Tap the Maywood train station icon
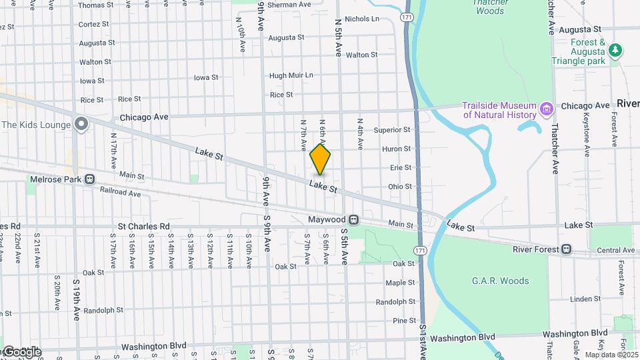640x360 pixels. [x=355, y=219]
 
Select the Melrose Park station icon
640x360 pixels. [x=90, y=179]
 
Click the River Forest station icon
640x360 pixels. [x=566, y=249]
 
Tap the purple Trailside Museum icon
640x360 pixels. [x=547, y=108]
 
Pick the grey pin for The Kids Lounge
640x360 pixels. [x=81, y=124]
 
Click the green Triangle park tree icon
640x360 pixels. [x=615, y=50]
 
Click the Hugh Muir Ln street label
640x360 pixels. [x=291, y=75]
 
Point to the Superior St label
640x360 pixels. [x=392, y=130]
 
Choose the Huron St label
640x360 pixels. [x=397, y=149]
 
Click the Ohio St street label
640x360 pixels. [x=400, y=187]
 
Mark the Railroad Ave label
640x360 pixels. [x=121, y=194]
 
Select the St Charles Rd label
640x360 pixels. [x=144, y=227]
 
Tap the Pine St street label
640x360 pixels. [x=404, y=321]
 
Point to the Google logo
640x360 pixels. [x=21, y=352]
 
